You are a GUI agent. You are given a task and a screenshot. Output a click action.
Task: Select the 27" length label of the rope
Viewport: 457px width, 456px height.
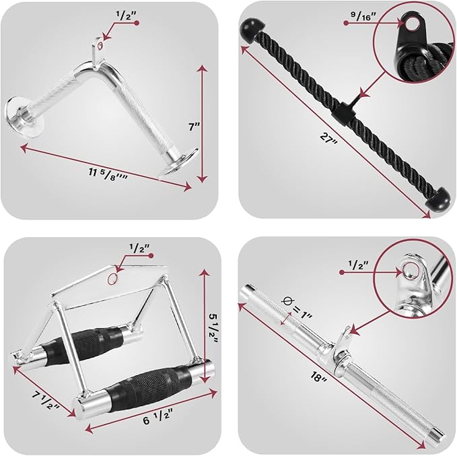328,137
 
